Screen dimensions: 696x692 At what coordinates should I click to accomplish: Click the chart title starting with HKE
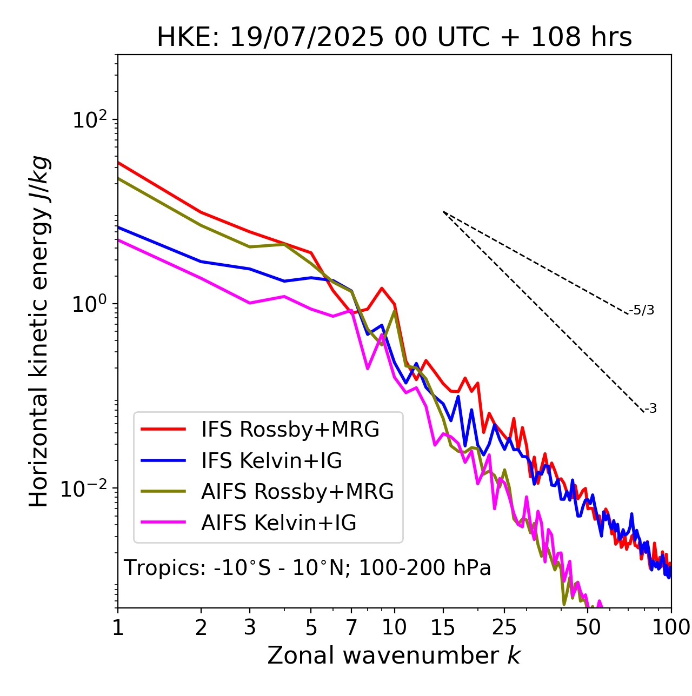click(x=394, y=38)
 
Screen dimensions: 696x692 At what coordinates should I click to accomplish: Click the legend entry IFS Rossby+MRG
click(x=290, y=429)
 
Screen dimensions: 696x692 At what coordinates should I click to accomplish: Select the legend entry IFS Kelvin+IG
click(x=271, y=460)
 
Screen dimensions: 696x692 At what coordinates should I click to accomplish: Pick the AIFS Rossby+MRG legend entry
click(x=297, y=492)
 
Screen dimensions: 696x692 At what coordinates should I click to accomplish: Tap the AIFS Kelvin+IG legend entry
click(x=278, y=523)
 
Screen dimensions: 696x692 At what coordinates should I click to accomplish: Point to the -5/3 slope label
click(x=642, y=310)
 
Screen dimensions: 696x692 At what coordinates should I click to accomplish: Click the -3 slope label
click(x=651, y=409)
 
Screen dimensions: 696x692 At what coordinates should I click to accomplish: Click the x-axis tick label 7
click(x=351, y=627)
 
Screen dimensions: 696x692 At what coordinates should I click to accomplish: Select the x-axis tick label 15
click(x=443, y=627)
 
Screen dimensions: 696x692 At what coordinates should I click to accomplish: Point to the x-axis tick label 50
click(x=588, y=627)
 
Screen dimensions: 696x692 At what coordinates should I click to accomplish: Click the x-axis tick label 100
click(x=671, y=627)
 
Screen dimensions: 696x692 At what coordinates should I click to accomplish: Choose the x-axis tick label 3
click(x=249, y=627)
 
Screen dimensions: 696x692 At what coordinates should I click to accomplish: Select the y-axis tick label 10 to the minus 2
click(x=86, y=488)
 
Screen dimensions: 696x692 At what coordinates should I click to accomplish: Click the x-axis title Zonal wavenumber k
click(x=394, y=656)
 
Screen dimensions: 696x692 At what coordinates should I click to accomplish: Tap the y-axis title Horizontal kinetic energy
click(x=39, y=331)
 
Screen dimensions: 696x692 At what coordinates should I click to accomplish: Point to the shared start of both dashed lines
click(x=443, y=212)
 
